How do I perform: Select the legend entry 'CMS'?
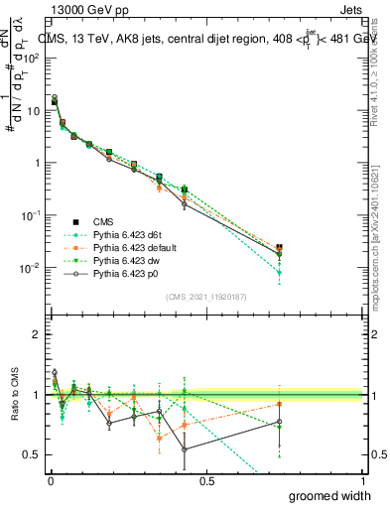(105, 221)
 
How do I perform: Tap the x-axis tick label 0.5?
(206, 481)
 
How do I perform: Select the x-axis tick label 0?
(50, 481)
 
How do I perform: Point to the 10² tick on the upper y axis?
(31, 58)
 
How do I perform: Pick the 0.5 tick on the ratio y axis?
(34, 454)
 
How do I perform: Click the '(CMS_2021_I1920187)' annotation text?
(206, 296)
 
